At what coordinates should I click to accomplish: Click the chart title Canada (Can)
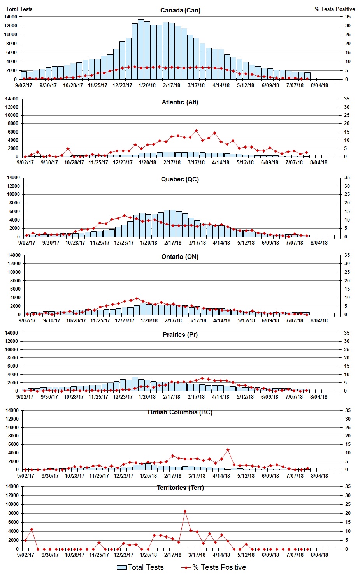point(180,10)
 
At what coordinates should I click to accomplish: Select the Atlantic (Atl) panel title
point(180,102)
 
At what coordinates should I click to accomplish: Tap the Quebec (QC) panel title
point(180,180)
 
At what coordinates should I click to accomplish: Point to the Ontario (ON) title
point(180,257)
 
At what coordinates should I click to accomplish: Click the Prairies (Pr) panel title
point(180,335)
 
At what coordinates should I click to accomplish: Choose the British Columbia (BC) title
point(180,412)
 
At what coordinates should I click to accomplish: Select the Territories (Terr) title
point(180,488)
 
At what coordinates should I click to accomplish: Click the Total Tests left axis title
point(19,9)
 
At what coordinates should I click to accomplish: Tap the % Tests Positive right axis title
point(335,9)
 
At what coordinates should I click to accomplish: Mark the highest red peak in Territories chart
point(185,511)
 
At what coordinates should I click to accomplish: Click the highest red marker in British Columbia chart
point(228,450)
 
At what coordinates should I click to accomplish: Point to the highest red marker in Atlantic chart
point(196,131)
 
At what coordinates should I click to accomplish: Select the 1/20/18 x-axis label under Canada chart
point(147,85)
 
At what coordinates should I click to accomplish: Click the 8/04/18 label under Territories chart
point(319,555)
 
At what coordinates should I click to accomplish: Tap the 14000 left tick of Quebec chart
point(14,178)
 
